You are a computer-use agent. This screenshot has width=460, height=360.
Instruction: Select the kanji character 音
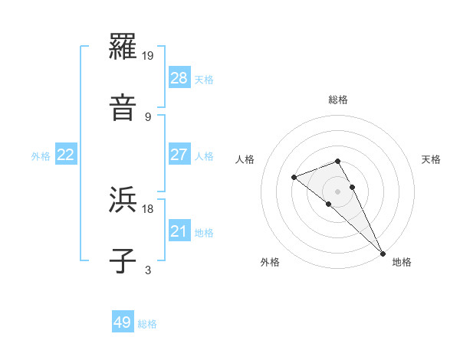coord(123,108)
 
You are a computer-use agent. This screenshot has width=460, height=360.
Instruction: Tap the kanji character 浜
coord(123,201)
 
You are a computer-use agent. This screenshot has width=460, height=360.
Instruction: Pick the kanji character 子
coord(123,260)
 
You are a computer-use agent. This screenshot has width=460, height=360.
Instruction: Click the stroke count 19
coord(149,56)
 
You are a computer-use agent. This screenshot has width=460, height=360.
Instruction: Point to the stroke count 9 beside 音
coord(148,116)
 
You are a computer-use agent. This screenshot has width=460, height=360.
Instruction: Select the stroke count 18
coord(149,208)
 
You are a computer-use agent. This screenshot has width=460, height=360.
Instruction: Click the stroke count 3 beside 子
coord(148,269)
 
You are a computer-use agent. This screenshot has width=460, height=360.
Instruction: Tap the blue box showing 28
coord(179,77)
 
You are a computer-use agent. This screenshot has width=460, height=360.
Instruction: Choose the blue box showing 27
coord(179,154)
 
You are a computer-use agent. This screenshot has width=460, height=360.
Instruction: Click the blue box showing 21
coord(179,231)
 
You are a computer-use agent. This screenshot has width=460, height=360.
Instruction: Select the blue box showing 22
coord(66,154)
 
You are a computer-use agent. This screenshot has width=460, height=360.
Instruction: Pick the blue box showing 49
coord(123,322)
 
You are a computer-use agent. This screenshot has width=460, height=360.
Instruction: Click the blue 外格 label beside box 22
coord(41,156)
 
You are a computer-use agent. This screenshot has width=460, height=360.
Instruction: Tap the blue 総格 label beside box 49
coord(147,324)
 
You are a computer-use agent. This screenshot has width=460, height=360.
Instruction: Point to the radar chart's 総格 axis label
coord(338,100)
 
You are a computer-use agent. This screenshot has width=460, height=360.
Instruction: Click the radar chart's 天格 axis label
coord(431,159)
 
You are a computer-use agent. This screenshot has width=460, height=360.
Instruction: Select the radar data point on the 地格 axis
coord(382,253)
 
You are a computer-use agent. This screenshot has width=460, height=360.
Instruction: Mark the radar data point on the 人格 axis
coord(294,178)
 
